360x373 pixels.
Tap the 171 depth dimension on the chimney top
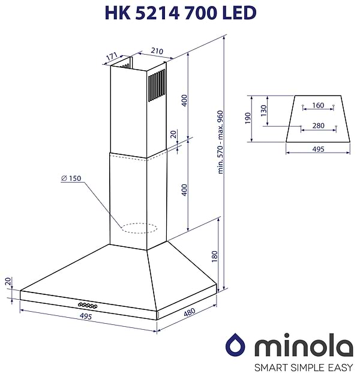(x=111, y=57)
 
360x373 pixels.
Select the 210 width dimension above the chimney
(x=157, y=52)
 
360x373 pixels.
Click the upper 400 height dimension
(x=185, y=100)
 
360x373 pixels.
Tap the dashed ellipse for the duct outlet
(x=139, y=228)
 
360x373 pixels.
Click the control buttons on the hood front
(x=85, y=304)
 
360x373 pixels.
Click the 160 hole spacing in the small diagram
(x=318, y=106)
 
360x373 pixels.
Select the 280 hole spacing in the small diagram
(x=318, y=126)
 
